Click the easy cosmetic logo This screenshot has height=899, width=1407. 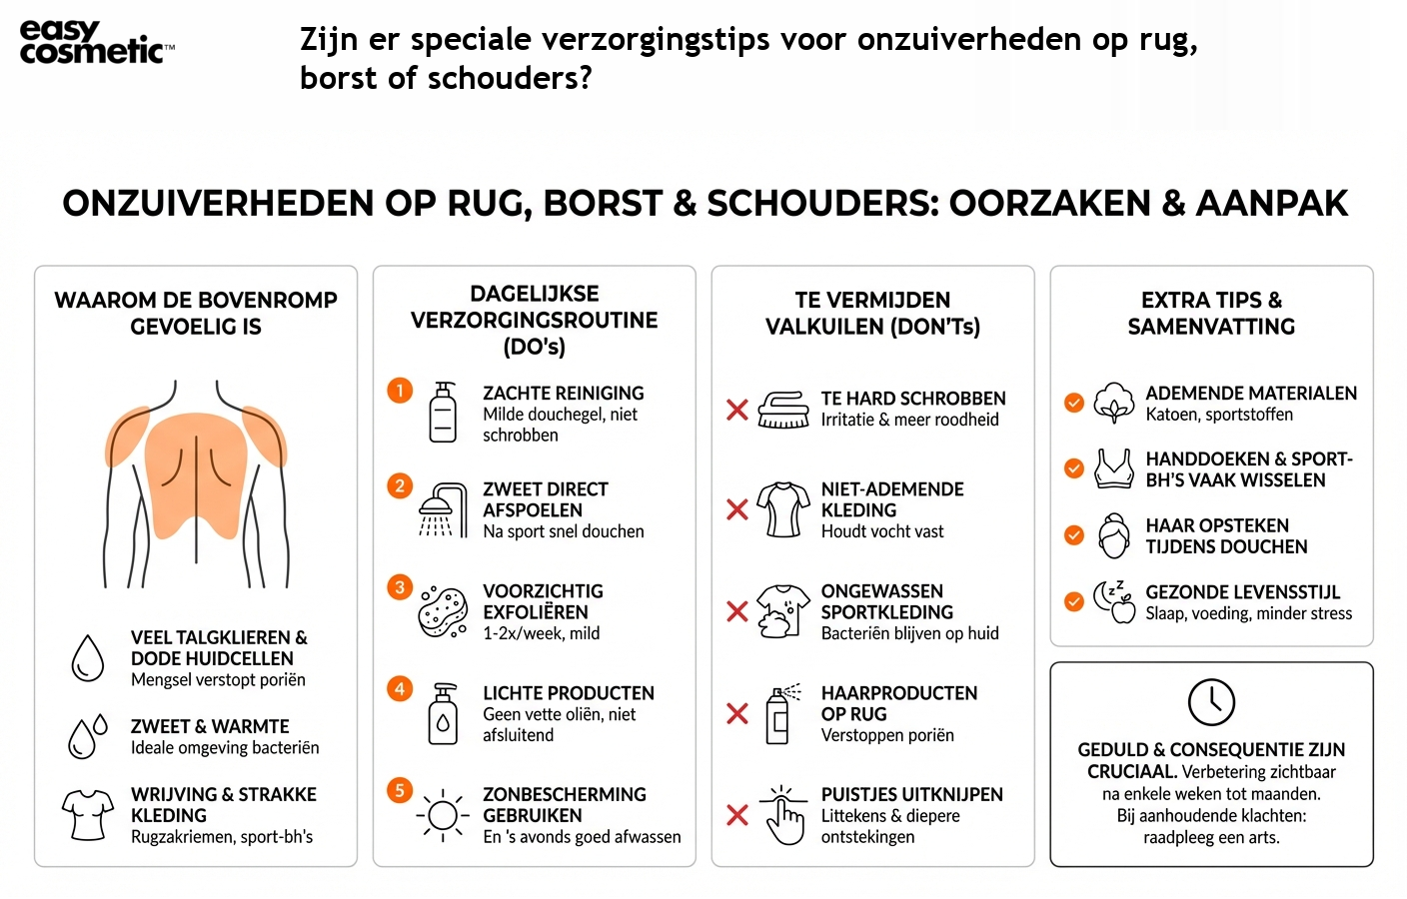[96, 42]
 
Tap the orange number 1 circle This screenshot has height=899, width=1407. [400, 390]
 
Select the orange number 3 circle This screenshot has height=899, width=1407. [400, 586]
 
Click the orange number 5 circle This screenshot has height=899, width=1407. [400, 790]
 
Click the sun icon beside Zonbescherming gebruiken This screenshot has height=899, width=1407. [442, 816]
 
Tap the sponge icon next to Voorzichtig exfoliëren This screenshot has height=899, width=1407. [443, 611]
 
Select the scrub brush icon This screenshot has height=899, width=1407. [783, 410]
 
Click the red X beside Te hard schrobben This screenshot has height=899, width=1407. [737, 410]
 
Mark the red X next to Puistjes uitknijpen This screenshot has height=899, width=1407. [737, 815]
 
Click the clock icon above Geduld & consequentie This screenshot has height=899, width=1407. [1211, 701]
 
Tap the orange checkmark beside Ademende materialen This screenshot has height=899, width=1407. [1074, 403]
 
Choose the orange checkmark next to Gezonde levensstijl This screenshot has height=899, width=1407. [1074, 601]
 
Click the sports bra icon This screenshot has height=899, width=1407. [1114, 467]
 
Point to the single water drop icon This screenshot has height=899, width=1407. [88, 657]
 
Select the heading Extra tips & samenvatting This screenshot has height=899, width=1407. [1211, 313]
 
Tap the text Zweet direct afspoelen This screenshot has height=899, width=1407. [545, 498]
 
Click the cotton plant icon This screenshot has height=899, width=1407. [1114, 403]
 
